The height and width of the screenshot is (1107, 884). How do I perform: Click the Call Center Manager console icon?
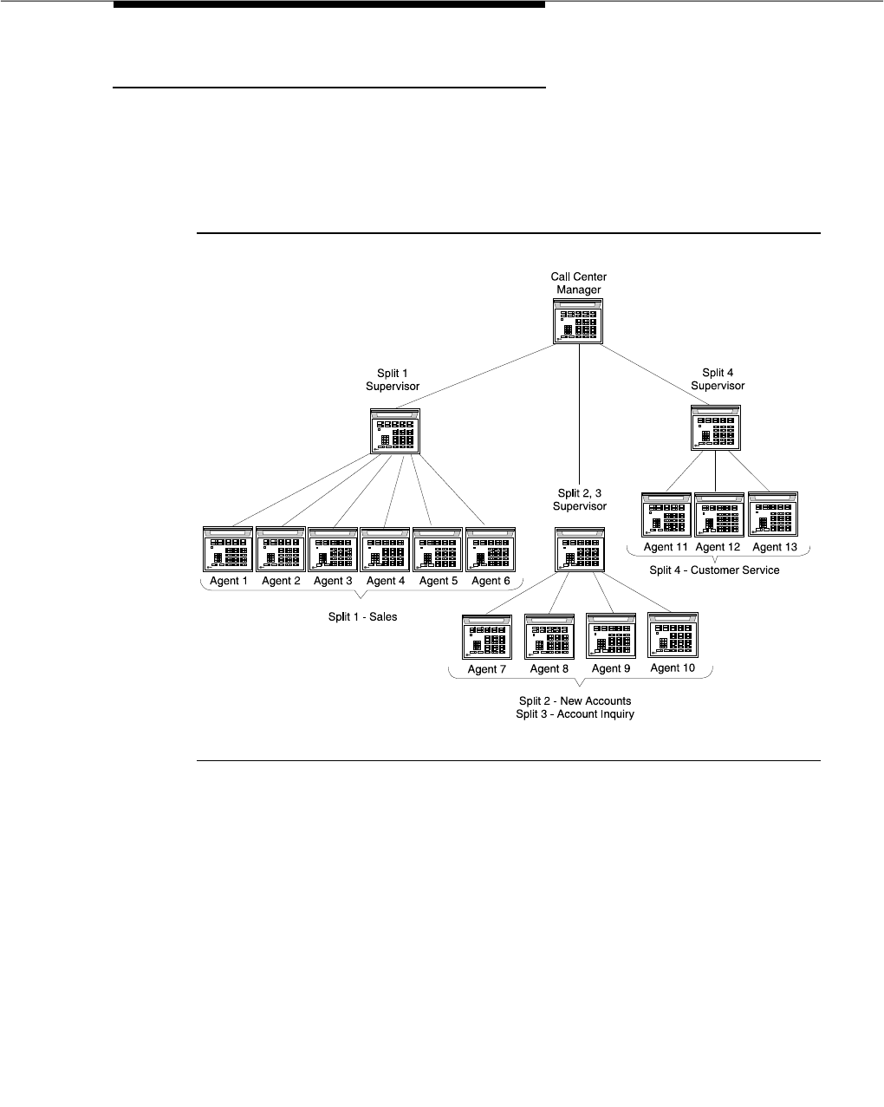coord(578,322)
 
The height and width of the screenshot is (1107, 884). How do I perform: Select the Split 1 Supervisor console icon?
coord(394,430)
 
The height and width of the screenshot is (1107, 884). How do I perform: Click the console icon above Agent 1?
coord(228,549)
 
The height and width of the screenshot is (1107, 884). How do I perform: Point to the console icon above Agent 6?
coord(491,549)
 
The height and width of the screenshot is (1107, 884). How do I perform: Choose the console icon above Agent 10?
coord(673,635)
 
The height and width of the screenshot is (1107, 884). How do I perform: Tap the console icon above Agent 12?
coord(718,515)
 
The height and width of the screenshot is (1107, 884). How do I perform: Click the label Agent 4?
coord(386,581)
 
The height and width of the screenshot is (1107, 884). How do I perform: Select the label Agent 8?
coord(549,668)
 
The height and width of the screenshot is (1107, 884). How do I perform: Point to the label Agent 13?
coord(774,547)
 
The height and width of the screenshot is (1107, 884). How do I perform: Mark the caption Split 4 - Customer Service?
coord(714,570)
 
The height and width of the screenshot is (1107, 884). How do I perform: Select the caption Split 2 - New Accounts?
coord(575,700)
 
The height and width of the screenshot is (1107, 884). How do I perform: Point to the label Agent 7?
coord(487,669)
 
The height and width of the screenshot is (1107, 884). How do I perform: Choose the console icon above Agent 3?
coord(333,549)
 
